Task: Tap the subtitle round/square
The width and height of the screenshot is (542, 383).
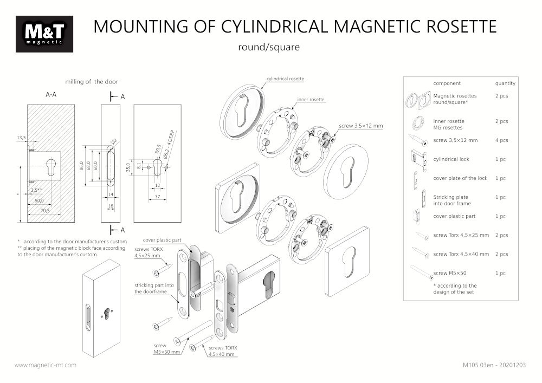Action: [269, 47]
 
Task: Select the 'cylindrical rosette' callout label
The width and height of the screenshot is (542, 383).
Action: [285, 79]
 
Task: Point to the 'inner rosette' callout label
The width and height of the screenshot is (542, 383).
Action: [311, 100]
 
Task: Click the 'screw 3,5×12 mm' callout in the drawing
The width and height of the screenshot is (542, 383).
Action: [361, 126]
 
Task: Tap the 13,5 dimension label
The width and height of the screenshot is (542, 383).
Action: [22, 138]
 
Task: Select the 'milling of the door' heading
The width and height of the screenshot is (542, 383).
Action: [91, 82]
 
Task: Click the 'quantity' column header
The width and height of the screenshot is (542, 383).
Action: [505, 83]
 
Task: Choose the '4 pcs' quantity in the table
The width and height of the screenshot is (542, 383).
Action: [501, 140]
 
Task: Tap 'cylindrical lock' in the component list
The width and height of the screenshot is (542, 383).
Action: [451, 159]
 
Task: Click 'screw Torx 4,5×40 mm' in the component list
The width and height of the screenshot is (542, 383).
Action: [461, 254]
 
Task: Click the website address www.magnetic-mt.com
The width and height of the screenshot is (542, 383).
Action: [45, 365]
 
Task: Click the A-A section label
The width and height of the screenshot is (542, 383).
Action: [51, 94]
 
